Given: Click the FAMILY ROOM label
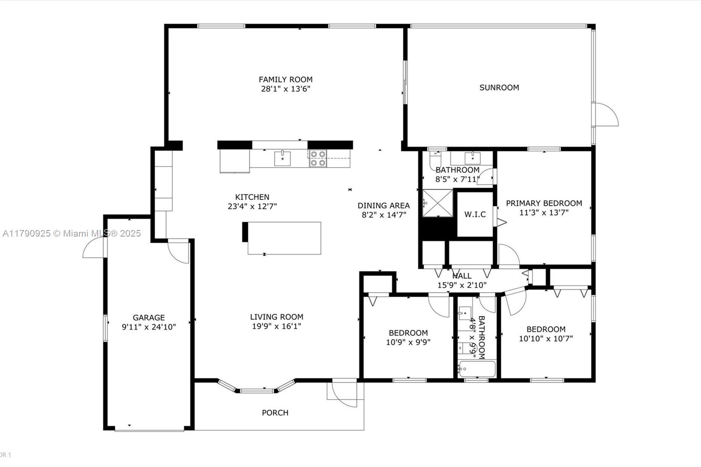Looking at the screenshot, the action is [285, 79].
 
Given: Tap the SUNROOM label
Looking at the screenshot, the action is [499, 88].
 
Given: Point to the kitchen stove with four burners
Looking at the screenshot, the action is [318, 159].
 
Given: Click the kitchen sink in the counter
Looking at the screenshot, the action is [282, 159].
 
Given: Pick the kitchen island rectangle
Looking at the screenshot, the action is [282, 238].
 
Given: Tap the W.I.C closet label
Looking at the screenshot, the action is [475, 214].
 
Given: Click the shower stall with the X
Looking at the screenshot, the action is [438, 203].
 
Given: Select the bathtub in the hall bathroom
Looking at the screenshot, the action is [477, 369].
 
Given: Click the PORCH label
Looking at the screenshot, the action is [275, 413].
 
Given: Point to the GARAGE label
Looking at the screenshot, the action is [149, 318].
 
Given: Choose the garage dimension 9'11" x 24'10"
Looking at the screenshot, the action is [149, 327].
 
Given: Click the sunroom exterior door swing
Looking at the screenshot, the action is [607, 114].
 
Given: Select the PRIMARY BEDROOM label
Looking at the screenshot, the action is [544, 203].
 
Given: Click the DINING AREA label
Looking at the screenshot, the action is [384, 205].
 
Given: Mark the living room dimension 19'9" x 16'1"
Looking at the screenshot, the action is [276, 326].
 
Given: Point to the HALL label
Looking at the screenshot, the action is [462, 276].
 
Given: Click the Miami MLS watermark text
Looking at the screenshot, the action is [72, 233].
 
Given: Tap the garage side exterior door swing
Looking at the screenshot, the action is [93, 247].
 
